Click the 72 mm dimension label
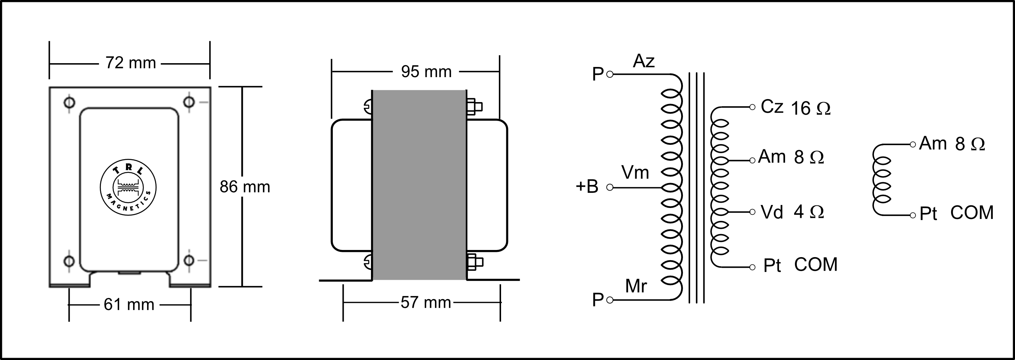tap(130, 63)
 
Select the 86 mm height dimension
tap(245, 187)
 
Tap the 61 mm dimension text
tap(129, 304)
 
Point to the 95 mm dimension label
tap(426, 72)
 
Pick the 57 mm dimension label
tap(425, 303)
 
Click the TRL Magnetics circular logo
tap(128, 188)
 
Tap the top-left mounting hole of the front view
tap(69, 102)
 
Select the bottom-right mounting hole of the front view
tap(189, 260)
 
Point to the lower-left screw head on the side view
tap(367, 262)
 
